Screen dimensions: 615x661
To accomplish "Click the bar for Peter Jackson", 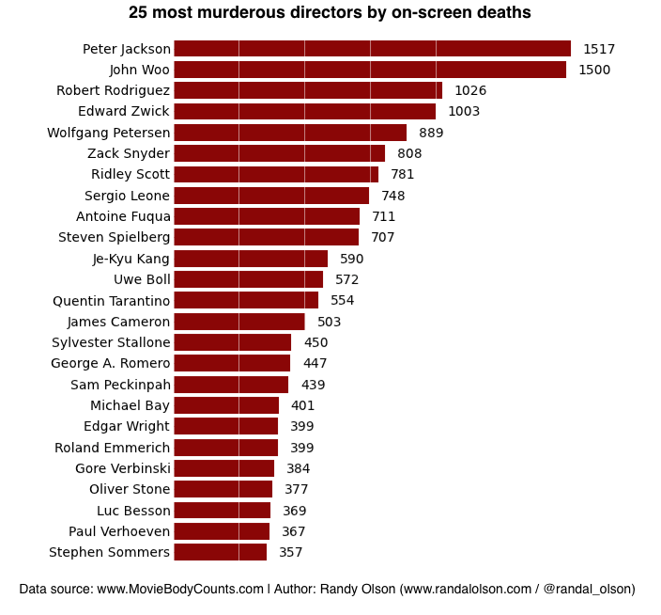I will tap(372, 49).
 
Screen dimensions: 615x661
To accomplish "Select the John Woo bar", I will tap(370, 70).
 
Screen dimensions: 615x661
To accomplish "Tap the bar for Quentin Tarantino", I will tap(246, 301).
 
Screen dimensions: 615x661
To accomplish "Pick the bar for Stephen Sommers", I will tap(221, 552).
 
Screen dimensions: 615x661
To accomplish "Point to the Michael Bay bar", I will tap(226, 405).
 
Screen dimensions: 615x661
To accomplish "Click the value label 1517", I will tap(598, 49).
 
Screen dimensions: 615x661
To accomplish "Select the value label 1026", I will tap(470, 90).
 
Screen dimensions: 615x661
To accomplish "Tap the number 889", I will tap(431, 133).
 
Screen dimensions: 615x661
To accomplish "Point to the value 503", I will tap(329, 322).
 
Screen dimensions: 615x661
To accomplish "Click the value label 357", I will tap(291, 552).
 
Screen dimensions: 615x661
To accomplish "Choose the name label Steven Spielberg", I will tap(115, 237).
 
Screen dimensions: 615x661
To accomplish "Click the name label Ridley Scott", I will tap(131, 174).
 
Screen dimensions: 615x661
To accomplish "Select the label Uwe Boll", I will tap(142, 279).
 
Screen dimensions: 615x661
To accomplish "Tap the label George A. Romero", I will tap(111, 363).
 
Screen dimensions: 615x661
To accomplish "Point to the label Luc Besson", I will tap(133, 511).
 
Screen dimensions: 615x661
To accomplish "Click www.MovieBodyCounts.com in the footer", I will tap(180, 590).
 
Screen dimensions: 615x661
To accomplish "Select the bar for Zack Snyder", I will tap(280, 153).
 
